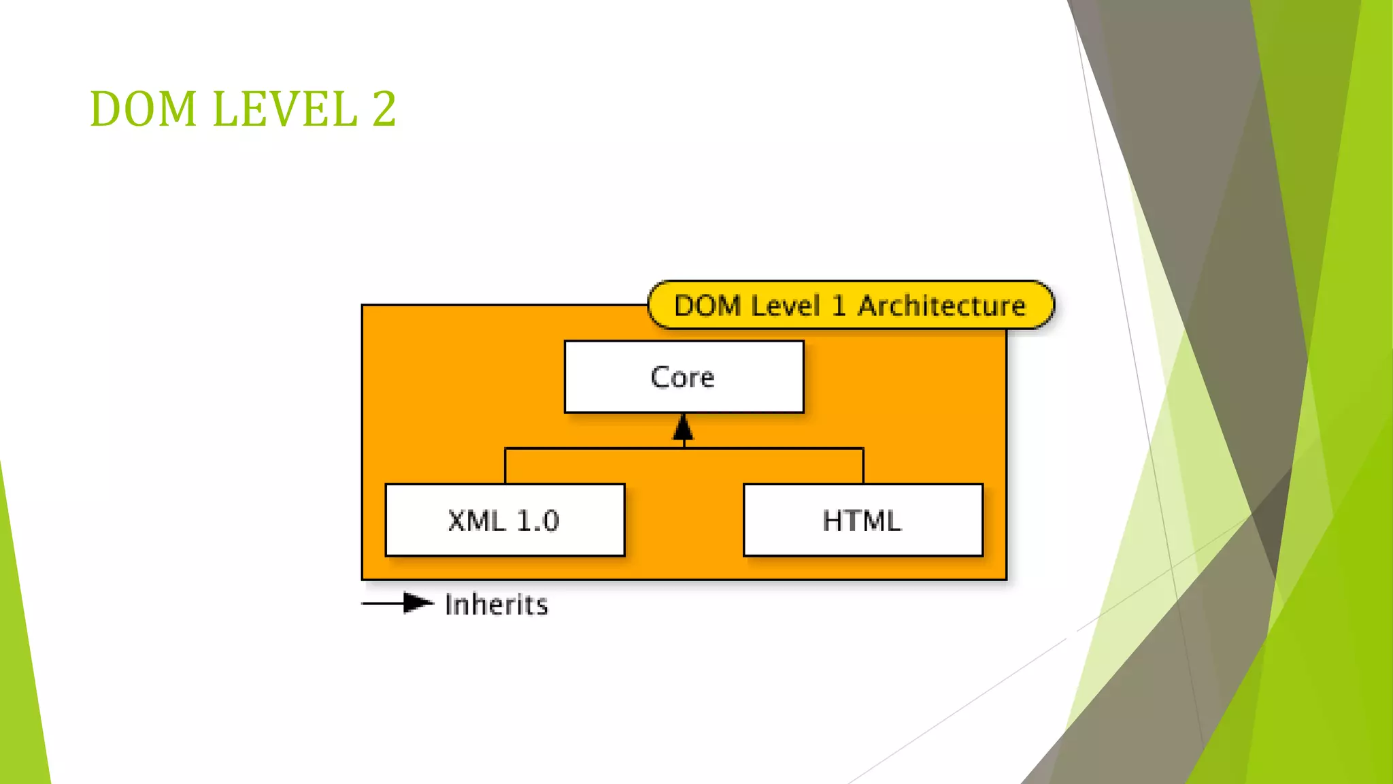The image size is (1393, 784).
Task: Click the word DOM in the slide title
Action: [x=143, y=109]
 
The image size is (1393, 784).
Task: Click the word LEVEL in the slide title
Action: [x=285, y=109]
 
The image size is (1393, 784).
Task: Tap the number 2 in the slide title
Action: [x=384, y=109]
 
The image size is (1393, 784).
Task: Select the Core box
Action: [x=684, y=377]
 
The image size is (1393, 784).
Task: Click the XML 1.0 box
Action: [x=505, y=521]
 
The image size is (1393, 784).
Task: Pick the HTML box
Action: [x=862, y=521]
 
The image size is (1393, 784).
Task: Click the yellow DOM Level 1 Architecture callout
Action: [x=850, y=306]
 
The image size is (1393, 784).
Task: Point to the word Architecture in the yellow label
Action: [x=941, y=306]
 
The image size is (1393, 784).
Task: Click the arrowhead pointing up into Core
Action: [x=684, y=429]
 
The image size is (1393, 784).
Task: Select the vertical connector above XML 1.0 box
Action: [x=505, y=466]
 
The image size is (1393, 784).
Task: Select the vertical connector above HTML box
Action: [x=863, y=466]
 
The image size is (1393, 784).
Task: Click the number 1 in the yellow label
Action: [x=839, y=306]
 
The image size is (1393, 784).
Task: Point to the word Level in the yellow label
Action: [x=785, y=306]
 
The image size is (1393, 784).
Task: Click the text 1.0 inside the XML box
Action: [x=538, y=521]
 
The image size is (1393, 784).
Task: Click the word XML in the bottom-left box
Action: [x=477, y=521]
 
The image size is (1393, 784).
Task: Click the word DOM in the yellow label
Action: [x=707, y=306]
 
